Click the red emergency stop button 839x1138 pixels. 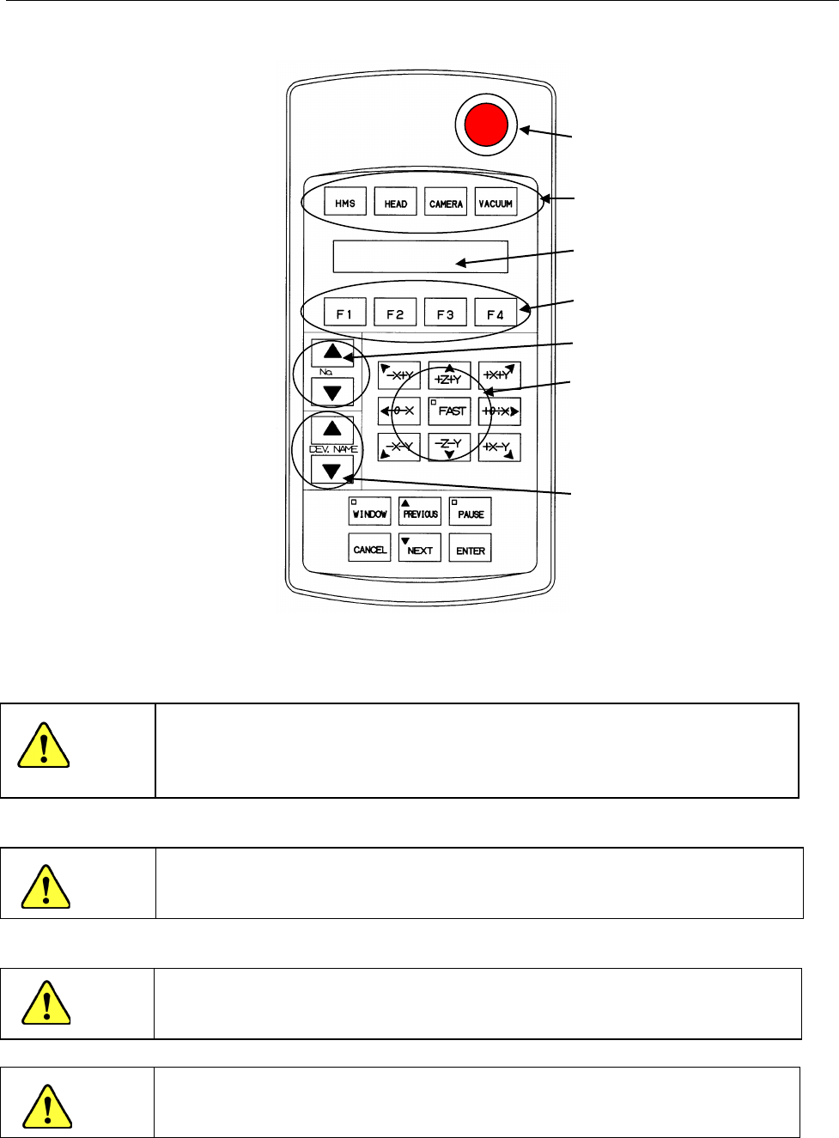coord(486,125)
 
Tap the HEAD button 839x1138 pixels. coord(395,203)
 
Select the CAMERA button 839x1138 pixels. coord(446,203)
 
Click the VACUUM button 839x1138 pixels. coord(495,203)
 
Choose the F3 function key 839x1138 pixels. coord(445,313)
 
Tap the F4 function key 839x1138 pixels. coord(495,313)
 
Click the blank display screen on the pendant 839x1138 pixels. coord(420,257)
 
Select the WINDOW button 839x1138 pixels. coord(369,513)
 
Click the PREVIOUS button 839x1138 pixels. coord(420,513)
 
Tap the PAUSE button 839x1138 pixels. coord(470,513)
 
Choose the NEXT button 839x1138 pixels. coord(420,549)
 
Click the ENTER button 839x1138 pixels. coord(470,549)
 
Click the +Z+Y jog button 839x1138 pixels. coord(449,376)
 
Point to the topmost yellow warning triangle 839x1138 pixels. coord(44,745)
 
